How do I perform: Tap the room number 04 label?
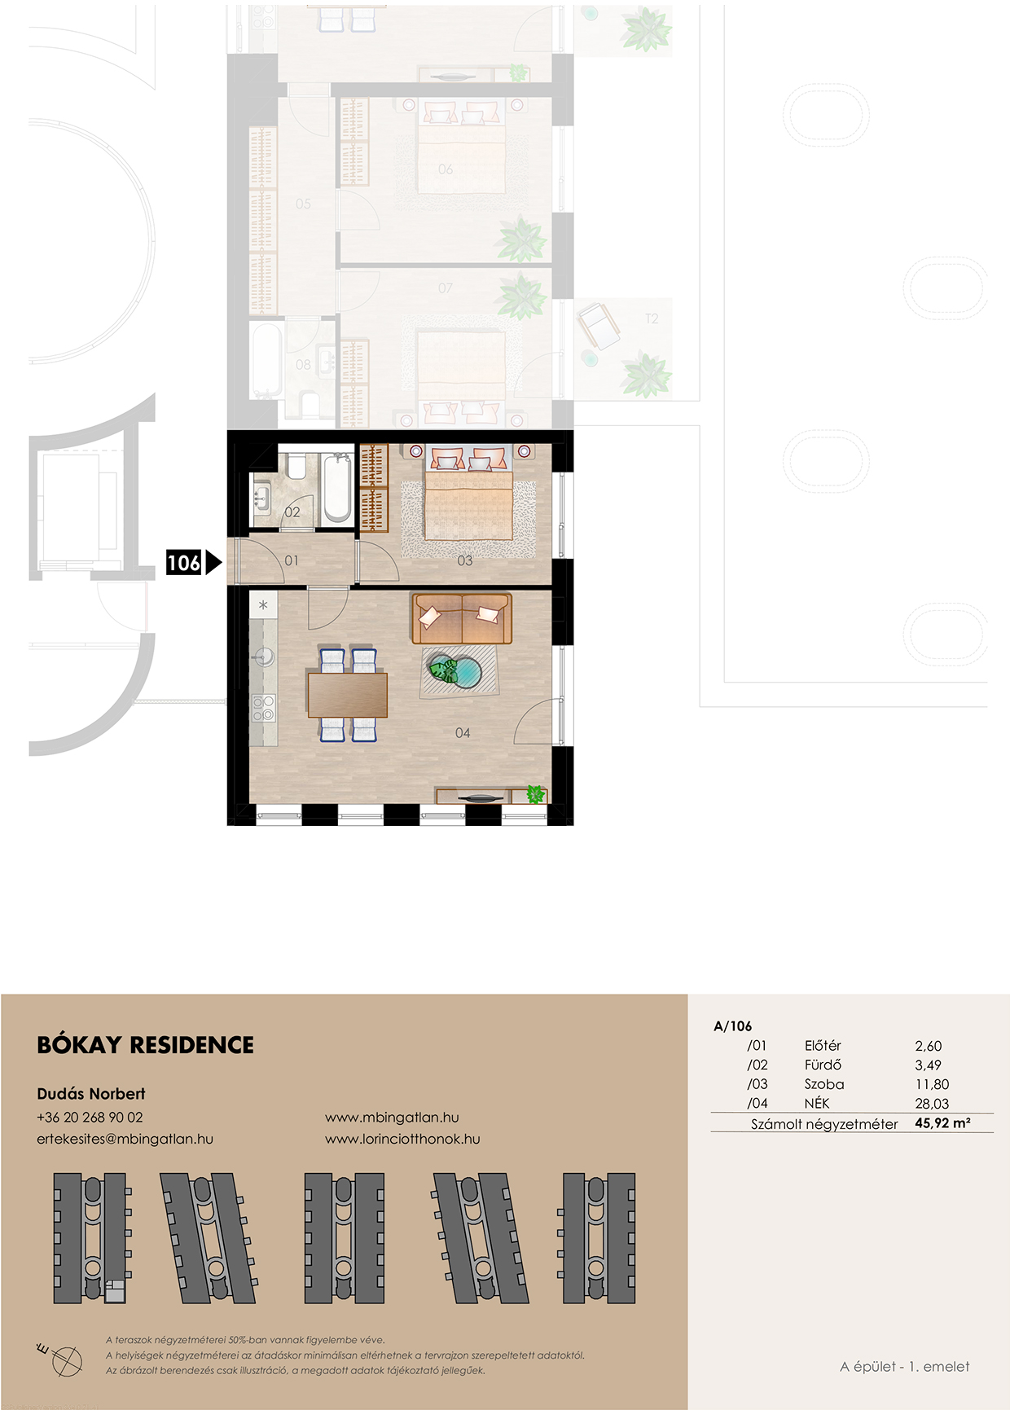pyautogui.click(x=463, y=733)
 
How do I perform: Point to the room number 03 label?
pyautogui.click(x=465, y=560)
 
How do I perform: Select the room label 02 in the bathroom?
pyautogui.click(x=292, y=512)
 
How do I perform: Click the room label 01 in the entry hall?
pyautogui.click(x=292, y=560)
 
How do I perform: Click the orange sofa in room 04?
pyautogui.click(x=462, y=618)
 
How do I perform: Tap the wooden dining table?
pyautogui.click(x=347, y=695)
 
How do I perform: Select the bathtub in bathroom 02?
pyautogui.click(x=336, y=488)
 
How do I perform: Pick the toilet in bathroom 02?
pyautogui.click(x=296, y=465)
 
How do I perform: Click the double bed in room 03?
pyautogui.click(x=468, y=498)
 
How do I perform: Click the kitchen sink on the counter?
pyautogui.click(x=263, y=656)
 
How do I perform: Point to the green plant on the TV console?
pyautogui.click(x=535, y=793)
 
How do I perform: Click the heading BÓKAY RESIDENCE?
pyautogui.click(x=146, y=1045)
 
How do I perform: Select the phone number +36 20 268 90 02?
pyautogui.click(x=90, y=1118)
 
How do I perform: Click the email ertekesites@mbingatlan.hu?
pyautogui.click(x=125, y=1139)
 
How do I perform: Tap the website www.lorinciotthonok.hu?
pyautogui.click(x=402, y=1139)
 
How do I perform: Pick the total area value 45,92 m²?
pyautogui.click(x=942, y=1123)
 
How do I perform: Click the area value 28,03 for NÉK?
pyautogui.click(x=932, y=1104)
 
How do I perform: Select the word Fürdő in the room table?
pyautogui.click(x=823, y=1065)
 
